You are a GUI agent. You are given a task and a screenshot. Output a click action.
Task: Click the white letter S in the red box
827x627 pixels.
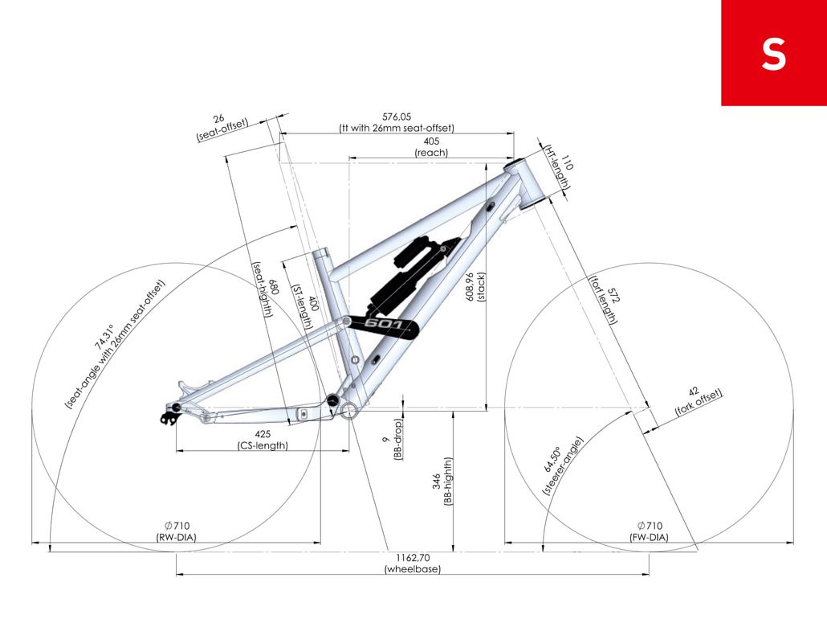(x=774, y=54)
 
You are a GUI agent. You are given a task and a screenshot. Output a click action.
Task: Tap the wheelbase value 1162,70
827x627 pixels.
(x=413, y=558)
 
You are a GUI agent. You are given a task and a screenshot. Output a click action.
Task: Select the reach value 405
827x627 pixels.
(x=431, y=141)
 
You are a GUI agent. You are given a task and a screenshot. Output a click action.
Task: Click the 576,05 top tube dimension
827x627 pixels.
(x=397, y=117)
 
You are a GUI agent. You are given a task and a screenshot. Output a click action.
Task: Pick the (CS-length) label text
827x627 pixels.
(x=263, y=445)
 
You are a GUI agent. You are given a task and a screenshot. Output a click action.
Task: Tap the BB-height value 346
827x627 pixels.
(x=437, y=482)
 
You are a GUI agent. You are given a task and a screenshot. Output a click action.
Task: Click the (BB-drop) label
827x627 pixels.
(x=398, y=440)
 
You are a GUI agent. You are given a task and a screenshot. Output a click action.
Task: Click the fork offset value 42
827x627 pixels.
(x=694, y=391)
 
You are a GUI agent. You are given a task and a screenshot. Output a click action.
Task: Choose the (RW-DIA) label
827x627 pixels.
(x=176, y=537)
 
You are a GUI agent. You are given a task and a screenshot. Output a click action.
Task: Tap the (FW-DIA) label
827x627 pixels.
(x=650, y=537)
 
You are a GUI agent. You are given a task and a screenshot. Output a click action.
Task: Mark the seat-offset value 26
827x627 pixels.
(x=219, y=119)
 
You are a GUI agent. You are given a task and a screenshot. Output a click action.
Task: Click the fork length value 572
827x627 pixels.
(x=613, y=295)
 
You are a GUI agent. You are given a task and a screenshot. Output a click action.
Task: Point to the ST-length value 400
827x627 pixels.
(x=313, y=303)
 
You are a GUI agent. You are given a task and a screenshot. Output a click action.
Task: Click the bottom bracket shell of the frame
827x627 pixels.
(x=348, y=411)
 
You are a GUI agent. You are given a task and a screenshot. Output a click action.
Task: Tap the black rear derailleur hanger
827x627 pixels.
(x=168, y=418)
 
